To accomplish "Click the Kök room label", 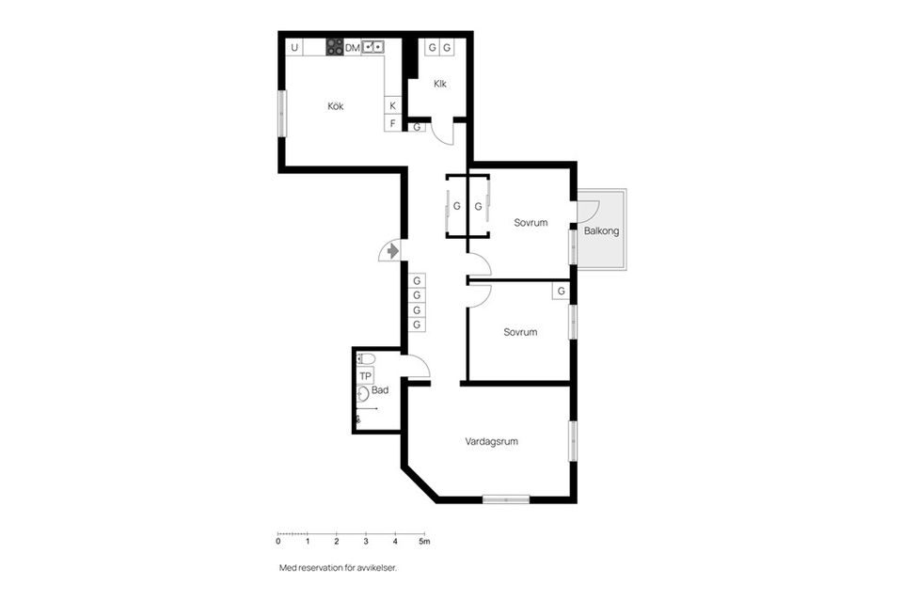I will click(336, 106).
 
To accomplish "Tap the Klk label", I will click(439, 84).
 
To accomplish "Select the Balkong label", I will click(601, 230).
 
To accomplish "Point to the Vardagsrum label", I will click(492, 441).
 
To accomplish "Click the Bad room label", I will click(380, 389).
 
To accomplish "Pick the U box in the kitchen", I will click(294, 47).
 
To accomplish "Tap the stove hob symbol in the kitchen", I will click(334, 47).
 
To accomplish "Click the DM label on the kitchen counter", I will click(353, 47).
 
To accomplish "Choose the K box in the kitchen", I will click(393, 105).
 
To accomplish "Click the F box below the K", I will click(393, 123).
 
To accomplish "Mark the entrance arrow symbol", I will click(389, 251).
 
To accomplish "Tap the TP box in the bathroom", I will click(366, 375).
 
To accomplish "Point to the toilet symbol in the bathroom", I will click(366, 358).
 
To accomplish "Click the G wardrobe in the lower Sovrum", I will click(561, 292).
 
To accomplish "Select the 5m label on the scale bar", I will click(425, 541).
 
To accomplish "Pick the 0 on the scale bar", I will click(278, 541).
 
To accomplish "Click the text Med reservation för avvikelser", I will click(344, 568).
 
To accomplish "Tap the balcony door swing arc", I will click(589, 209).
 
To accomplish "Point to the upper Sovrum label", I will click(531, 223).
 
